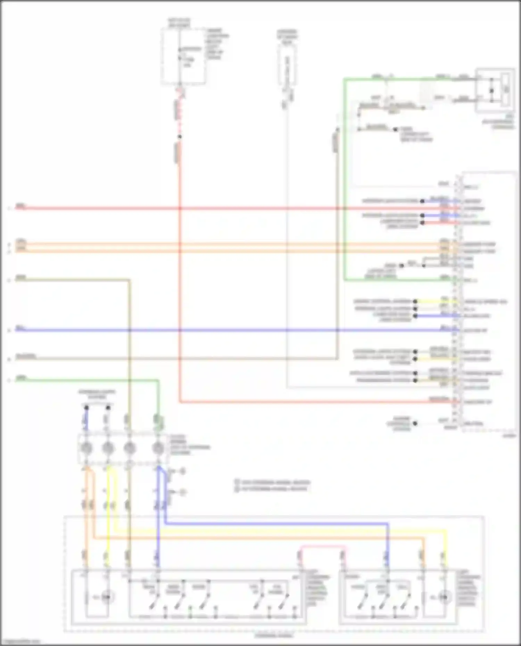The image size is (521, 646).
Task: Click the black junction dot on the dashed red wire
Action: point(180,137)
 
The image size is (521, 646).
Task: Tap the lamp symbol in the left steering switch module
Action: point(107,597)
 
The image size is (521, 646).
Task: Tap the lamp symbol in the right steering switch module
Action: point(443,597)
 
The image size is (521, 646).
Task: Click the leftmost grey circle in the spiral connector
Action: point(86,448)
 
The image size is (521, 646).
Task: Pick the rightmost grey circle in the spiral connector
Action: point(158,448)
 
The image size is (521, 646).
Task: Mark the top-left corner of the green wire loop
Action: point(345,79)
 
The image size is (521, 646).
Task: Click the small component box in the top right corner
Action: point(495,90)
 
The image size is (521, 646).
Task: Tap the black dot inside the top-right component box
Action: point(491,91)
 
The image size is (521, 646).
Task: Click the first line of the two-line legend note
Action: point(273,482)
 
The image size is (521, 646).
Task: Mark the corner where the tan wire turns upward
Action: point(337,358)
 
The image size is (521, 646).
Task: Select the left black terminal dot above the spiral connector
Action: point(86,408)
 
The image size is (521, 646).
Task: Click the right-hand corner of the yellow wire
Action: point(446,531)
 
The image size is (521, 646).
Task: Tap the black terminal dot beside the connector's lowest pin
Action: point(415,423)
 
